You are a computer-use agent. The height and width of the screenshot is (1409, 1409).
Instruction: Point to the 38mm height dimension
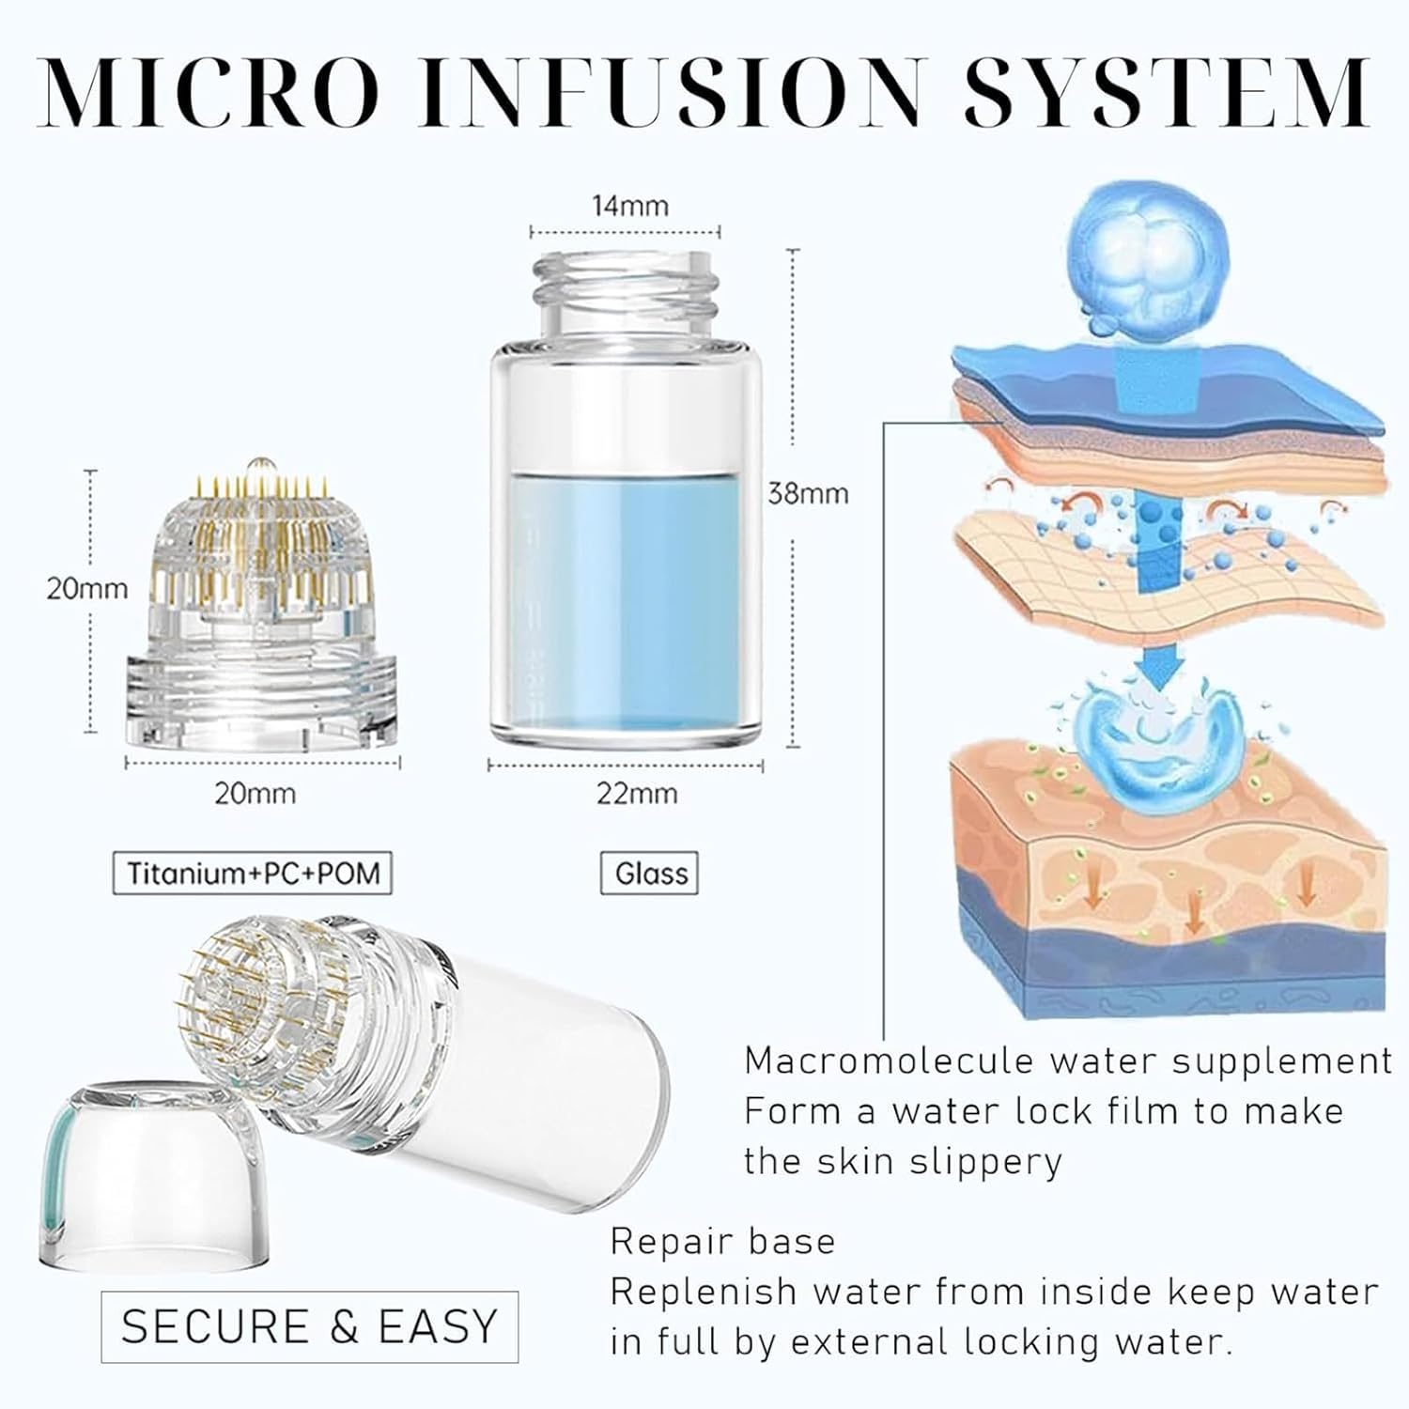(808, 493)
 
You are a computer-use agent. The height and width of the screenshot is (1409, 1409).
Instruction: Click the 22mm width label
(637, 794)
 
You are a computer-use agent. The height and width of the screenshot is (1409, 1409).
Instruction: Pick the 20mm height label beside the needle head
(87, 589)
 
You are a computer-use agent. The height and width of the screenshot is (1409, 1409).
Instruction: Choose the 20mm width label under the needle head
(255, 794)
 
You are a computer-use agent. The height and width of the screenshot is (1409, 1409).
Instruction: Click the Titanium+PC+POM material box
(252, 874)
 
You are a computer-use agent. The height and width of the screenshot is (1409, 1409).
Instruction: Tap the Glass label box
(650, 874)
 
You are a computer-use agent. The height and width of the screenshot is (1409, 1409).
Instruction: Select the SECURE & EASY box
(310, 1326)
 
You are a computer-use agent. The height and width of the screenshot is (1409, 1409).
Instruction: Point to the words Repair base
(722, 1242)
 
